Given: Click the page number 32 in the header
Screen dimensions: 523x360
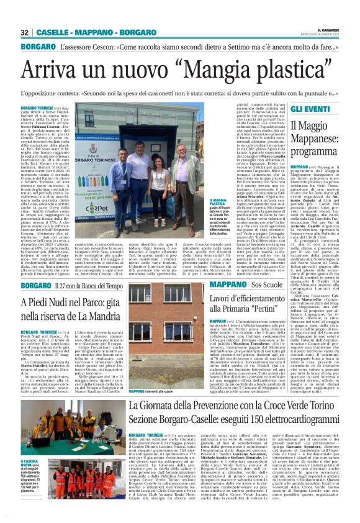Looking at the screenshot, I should [25, 32].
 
